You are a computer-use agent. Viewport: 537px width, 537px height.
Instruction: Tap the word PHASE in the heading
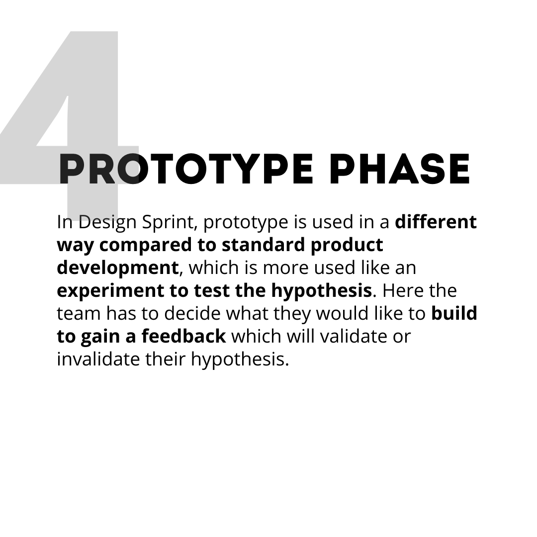400,170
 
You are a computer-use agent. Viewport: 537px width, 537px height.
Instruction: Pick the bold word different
436,222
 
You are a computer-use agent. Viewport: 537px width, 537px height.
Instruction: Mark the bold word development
117,268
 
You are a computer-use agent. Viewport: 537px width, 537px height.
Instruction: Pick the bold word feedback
183,337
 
